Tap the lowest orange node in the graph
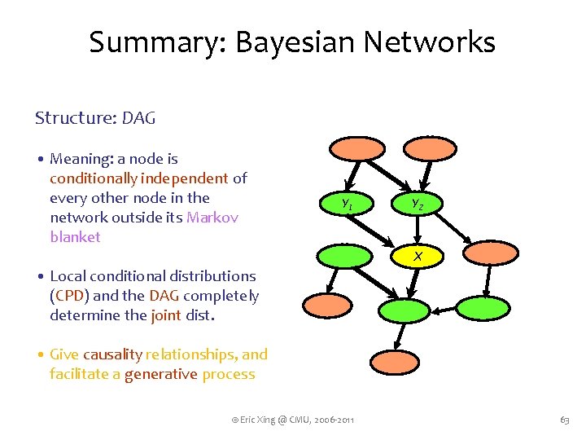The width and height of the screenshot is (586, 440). [395, 361]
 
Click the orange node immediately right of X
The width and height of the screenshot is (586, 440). [486, 256]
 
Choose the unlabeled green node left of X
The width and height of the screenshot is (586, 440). [341, 256]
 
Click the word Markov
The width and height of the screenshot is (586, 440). [212, 218]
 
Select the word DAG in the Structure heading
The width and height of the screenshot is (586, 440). [138, 118]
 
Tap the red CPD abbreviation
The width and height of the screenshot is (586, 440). [68, 296]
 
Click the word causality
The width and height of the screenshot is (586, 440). [112, 354]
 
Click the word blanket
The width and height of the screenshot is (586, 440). [75, 237]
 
